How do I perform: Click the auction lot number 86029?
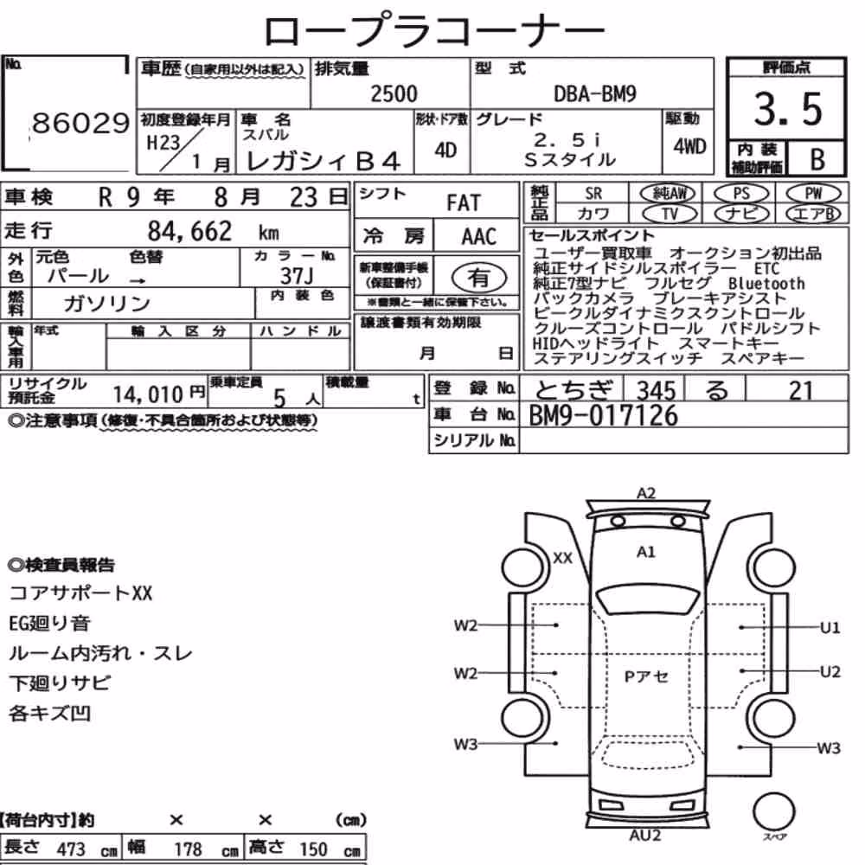tap(80, 123)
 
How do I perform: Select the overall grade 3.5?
tap(788, 109)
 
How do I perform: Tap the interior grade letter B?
tap(817, 159)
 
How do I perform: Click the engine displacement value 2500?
tap(394, 93)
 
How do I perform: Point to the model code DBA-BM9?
tap(595, 93)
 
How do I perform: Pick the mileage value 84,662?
tap(189, 231)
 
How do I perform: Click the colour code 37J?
tap(296, 275)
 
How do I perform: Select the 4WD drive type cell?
tap(689, 146)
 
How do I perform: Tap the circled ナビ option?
tap(741, 214)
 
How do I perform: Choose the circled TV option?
tap(670, 214)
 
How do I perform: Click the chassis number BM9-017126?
tap(603, 415)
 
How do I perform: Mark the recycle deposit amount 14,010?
tap(148, 394)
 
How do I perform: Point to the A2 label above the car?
tap(646, 493)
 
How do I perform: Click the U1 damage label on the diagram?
tap(830, 628)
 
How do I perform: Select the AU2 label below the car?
tap(645, 836)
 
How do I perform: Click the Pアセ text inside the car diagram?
tap(646, 676)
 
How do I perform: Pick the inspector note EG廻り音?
tap(49, 624)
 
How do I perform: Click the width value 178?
tap(188, 849)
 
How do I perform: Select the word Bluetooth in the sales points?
tap(766, 284)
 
